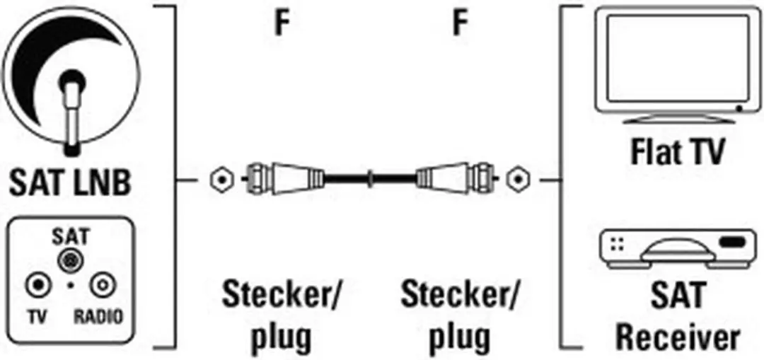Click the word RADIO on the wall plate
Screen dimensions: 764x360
click(x=99, y=317)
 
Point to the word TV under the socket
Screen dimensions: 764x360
click(x=37, y=317)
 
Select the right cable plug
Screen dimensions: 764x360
click(x=456, y=179)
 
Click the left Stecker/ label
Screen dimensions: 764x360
click(x=282, y=295)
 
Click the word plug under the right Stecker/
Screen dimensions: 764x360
click(x=461, y=335)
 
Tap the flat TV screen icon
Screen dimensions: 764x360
click(x=678, y=65)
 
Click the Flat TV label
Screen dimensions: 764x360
click(x=678, y=152)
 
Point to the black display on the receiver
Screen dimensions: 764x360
click(x=732, y=241)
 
